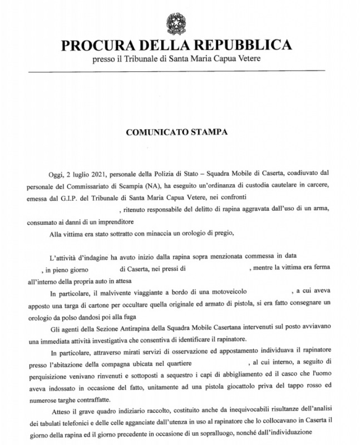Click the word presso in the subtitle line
click(105, 58)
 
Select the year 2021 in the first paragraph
click(97, 176)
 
